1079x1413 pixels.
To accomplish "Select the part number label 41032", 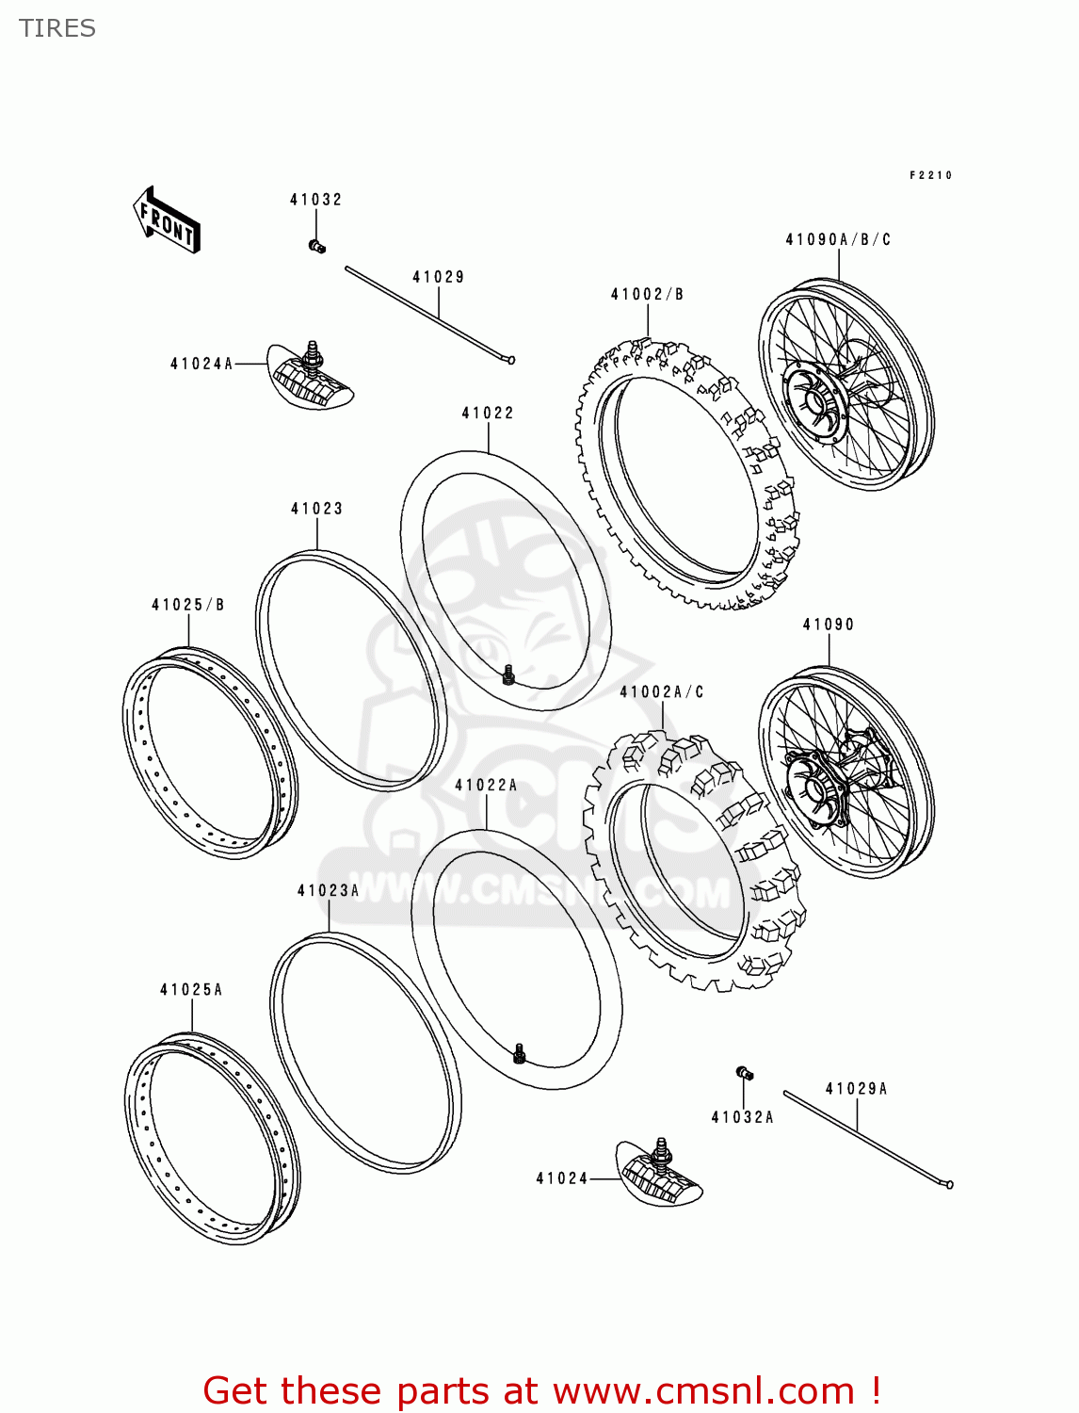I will [315, 200].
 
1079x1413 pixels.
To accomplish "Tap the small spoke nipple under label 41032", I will [316, 247].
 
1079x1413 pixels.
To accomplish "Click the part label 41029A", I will [856, 1089].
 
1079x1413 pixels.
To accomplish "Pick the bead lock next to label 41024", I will [660, 1174].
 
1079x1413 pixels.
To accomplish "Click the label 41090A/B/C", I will [838, 240].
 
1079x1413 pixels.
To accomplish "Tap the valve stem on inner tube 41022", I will [508, 674].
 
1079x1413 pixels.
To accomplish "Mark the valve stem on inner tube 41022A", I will [519, 1054].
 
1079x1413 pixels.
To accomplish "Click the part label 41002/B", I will [647, 295].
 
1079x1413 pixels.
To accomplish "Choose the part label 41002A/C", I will [661, 692].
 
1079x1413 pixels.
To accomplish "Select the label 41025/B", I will [188, 605].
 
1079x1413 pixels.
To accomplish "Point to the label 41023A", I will [328, 891].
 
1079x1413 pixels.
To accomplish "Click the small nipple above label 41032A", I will [744, 1073].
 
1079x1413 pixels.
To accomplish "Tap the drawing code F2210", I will [930, 175].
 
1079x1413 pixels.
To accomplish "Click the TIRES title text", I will [57, 28].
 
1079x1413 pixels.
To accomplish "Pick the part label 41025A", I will [191, 990].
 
